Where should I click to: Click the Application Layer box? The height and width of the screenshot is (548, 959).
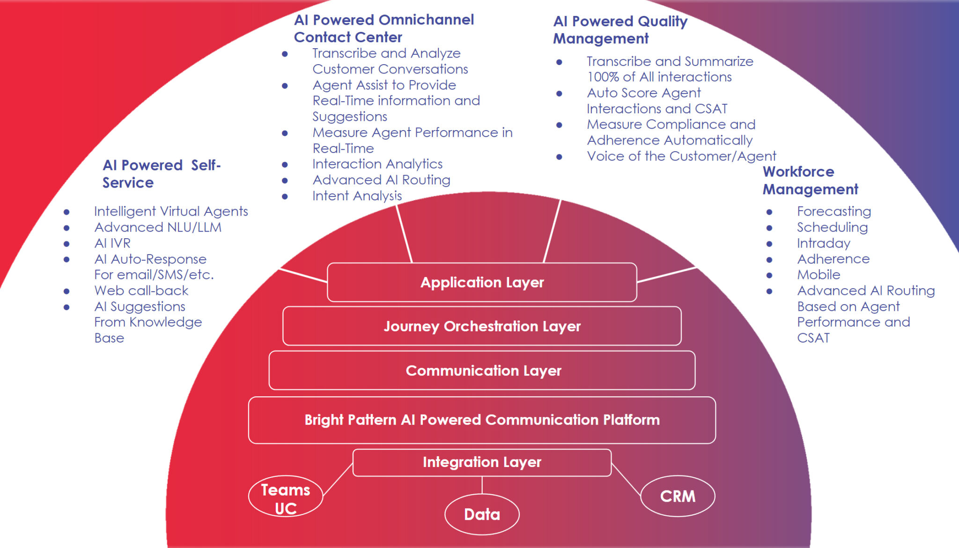point(482,282)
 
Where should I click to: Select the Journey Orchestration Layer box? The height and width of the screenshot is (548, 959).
point(482,326)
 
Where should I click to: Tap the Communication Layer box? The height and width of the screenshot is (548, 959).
point(482,371)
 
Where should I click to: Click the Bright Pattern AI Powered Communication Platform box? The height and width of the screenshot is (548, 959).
point(482,420)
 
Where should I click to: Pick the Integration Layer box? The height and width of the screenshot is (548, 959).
point(482,462)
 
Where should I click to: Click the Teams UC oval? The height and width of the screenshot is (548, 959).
point(285,498)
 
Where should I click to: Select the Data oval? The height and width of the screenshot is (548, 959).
point(482,514)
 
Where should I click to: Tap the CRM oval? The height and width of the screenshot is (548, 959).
point(677,496)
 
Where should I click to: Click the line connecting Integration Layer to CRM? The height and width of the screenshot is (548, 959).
point(626,479)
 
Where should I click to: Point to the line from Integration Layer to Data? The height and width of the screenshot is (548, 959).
point(482,485)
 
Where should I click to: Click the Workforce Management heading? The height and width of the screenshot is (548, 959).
point(810,180)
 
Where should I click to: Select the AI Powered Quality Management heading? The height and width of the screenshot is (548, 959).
point(620,29)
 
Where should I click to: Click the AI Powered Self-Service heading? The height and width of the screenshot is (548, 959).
point(161,174)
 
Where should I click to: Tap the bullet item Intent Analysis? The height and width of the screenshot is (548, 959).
point(357,196)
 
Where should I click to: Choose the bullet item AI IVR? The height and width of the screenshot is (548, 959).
point(112,243)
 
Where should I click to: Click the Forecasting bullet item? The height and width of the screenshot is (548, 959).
point(834,211)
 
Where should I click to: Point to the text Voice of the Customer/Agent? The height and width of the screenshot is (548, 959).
point(681,156)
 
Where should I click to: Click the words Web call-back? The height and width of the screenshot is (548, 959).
point(141,291)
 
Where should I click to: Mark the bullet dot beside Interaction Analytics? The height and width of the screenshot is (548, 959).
point(285,165)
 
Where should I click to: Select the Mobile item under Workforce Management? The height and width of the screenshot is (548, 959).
point(819,275)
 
